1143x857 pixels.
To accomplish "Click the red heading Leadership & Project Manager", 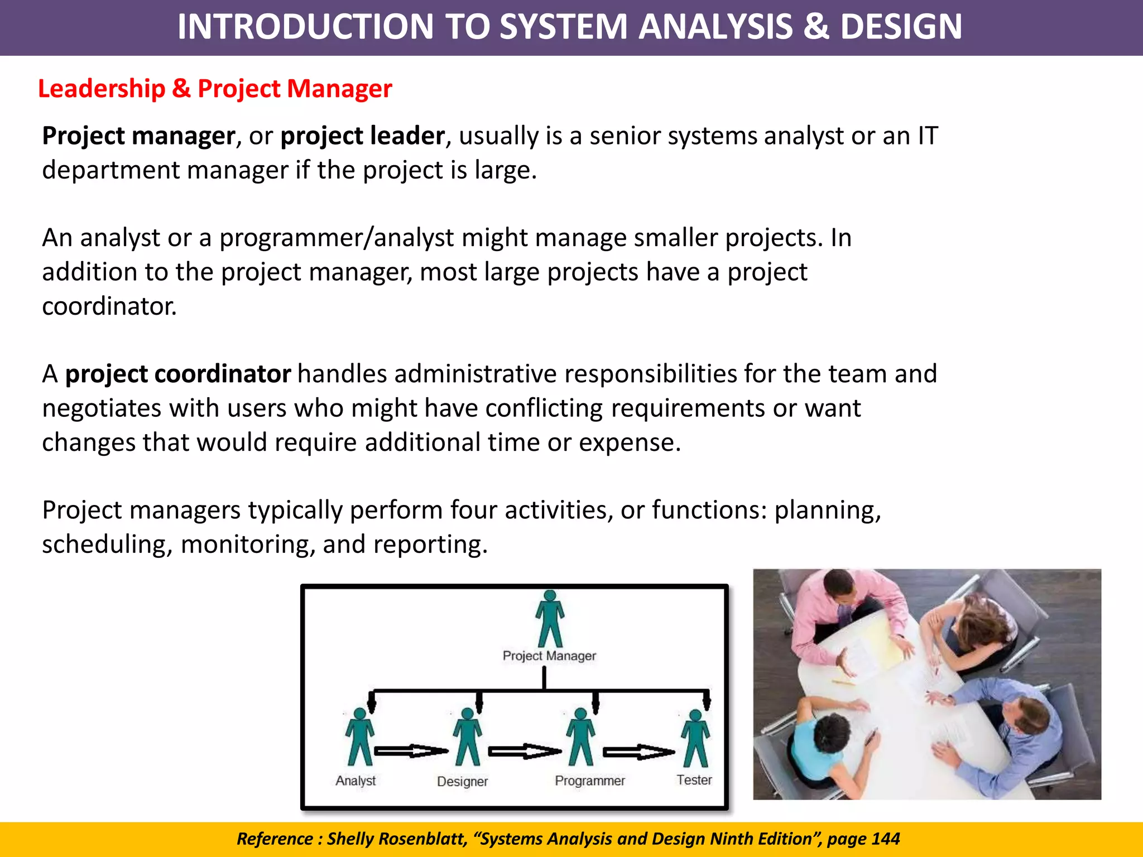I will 215,89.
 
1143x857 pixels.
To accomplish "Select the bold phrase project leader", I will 362,136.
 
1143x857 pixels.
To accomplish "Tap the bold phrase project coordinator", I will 177,374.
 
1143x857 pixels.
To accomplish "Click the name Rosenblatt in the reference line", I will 421,839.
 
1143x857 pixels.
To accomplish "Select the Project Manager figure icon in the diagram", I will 550,618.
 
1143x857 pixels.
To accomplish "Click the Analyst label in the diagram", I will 356,781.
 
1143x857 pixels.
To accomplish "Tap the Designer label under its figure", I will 462,781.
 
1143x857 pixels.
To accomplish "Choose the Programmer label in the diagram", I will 589,781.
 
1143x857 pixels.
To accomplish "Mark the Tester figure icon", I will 695,738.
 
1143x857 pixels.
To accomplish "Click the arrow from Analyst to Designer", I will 411,751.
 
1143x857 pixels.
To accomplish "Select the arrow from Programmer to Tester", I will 639,752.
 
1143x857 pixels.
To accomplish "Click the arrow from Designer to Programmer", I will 525,752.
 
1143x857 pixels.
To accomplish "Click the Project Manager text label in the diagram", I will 549,656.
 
